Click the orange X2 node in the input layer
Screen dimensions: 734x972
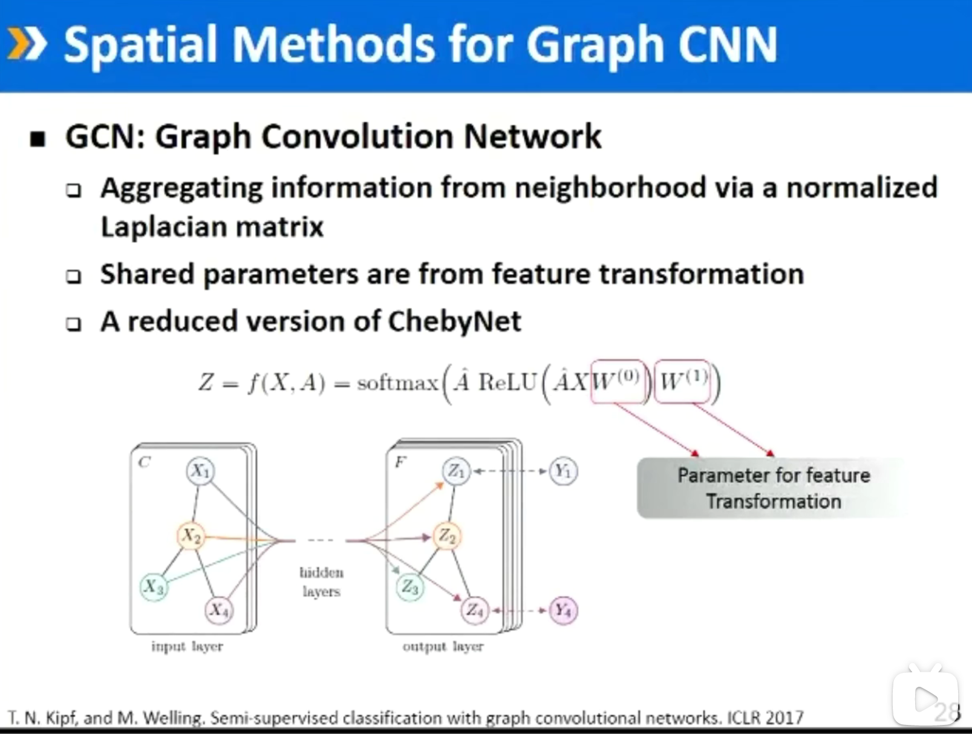click(191, 536)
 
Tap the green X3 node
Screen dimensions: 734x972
click(154, 586)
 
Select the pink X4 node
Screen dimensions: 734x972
click(218, 609)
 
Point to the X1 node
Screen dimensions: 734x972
click(200, 471)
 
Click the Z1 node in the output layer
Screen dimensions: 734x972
click(456, 471)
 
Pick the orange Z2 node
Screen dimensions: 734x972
click(447, 536)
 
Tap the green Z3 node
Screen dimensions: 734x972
click(410, 586)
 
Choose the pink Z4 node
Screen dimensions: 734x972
click(475, 610)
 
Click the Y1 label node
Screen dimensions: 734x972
click(563, 471)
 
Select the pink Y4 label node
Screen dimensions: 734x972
click(563, 610)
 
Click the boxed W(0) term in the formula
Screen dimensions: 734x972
click(617, 381)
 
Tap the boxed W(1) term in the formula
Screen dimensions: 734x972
click(683, 381)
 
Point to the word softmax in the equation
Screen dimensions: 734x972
click(397, 383)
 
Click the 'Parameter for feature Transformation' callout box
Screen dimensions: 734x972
click(773, 488)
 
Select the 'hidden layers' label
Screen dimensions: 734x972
click(321, 582)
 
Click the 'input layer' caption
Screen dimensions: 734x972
click(187, 646)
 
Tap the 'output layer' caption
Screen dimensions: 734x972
click(443, 646)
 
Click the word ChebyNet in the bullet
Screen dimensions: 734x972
click(454, 321)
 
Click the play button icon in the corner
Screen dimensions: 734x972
click(925, 699)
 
